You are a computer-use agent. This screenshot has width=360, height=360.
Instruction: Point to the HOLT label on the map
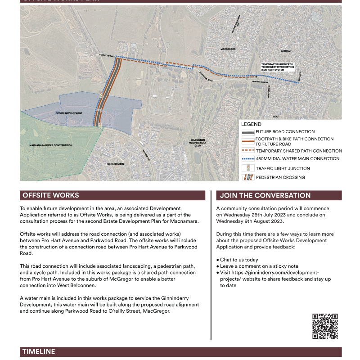coord(276,117)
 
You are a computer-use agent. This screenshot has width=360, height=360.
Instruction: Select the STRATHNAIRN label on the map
coord(116,164)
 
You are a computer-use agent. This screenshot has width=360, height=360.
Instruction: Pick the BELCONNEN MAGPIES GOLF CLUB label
coord(198,143)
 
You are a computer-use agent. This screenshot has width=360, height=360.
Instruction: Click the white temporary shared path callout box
coord(278,67)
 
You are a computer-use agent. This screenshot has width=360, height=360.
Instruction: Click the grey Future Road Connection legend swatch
coord(247,132)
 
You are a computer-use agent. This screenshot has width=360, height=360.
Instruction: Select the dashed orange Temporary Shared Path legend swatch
coord(247,151)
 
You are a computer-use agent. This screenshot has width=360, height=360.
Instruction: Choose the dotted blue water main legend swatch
coord(247,159)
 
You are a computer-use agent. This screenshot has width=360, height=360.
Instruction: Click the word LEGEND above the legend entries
coord(251,124)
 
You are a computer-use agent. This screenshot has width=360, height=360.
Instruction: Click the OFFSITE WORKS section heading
coord(50,195)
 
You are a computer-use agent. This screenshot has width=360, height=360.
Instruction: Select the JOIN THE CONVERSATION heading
coord(265,195)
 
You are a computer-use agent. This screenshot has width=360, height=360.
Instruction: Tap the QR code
coord(325,326)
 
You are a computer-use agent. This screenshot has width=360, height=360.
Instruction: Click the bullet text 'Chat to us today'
coord(240,260)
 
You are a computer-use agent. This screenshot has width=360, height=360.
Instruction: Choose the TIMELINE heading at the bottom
coord(39,351)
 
